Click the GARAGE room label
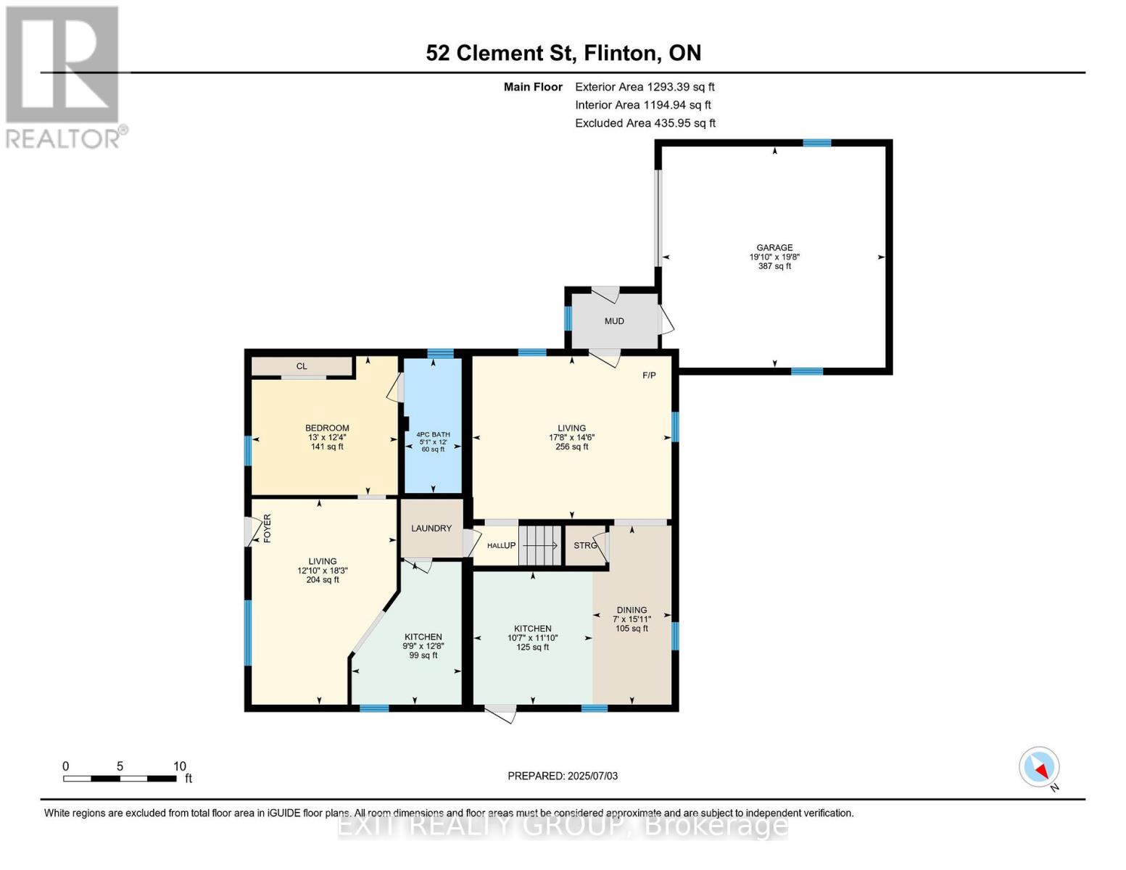click(774, 247)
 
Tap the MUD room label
click(614, 321)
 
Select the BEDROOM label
click(327, 428)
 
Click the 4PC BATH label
click(433, 434)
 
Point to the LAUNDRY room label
click(431, 529)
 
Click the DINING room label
click(632, 610)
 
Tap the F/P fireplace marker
click(649, 375)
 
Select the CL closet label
click(302, 366)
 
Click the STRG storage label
click(584, 545)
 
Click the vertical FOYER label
click(267, 529)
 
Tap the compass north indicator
click(1040, 767)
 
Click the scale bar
click(120, 779)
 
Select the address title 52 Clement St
click(563, 53)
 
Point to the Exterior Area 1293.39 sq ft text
click(645, 87)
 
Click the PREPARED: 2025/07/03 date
click(563, 776)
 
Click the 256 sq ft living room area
click(571, 447)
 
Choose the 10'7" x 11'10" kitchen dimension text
click(533, 638)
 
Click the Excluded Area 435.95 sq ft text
click(645, 123)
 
